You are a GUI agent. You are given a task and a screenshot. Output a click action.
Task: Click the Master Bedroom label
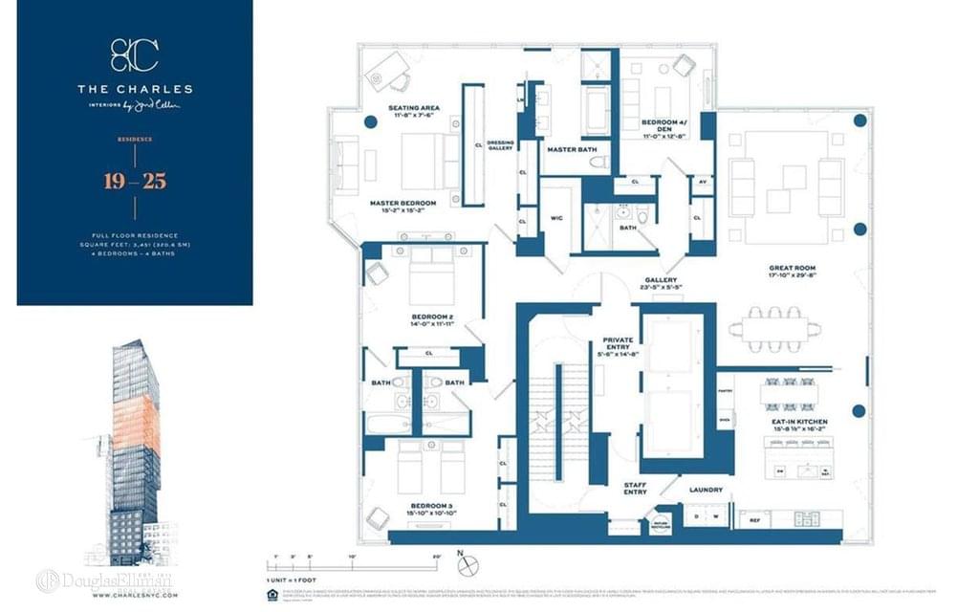[402, 204]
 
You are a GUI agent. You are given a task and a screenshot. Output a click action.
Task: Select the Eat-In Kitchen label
[798, 422]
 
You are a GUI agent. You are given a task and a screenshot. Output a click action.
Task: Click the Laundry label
[706, 491]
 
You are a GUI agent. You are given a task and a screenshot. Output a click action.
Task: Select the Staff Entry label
[635, 488]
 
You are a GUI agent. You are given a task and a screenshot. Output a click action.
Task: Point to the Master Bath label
[573, 150]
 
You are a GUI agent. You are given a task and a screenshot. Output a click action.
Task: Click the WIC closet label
[555, 217]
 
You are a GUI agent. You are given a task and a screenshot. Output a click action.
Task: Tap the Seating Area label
[414, 108]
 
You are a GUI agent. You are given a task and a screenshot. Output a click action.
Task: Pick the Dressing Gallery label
[500, 146]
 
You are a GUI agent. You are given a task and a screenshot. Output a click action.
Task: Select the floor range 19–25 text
[135, 182]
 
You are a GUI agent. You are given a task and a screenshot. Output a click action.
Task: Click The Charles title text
[135, 89]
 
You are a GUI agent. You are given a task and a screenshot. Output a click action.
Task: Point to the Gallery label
[661, 280]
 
